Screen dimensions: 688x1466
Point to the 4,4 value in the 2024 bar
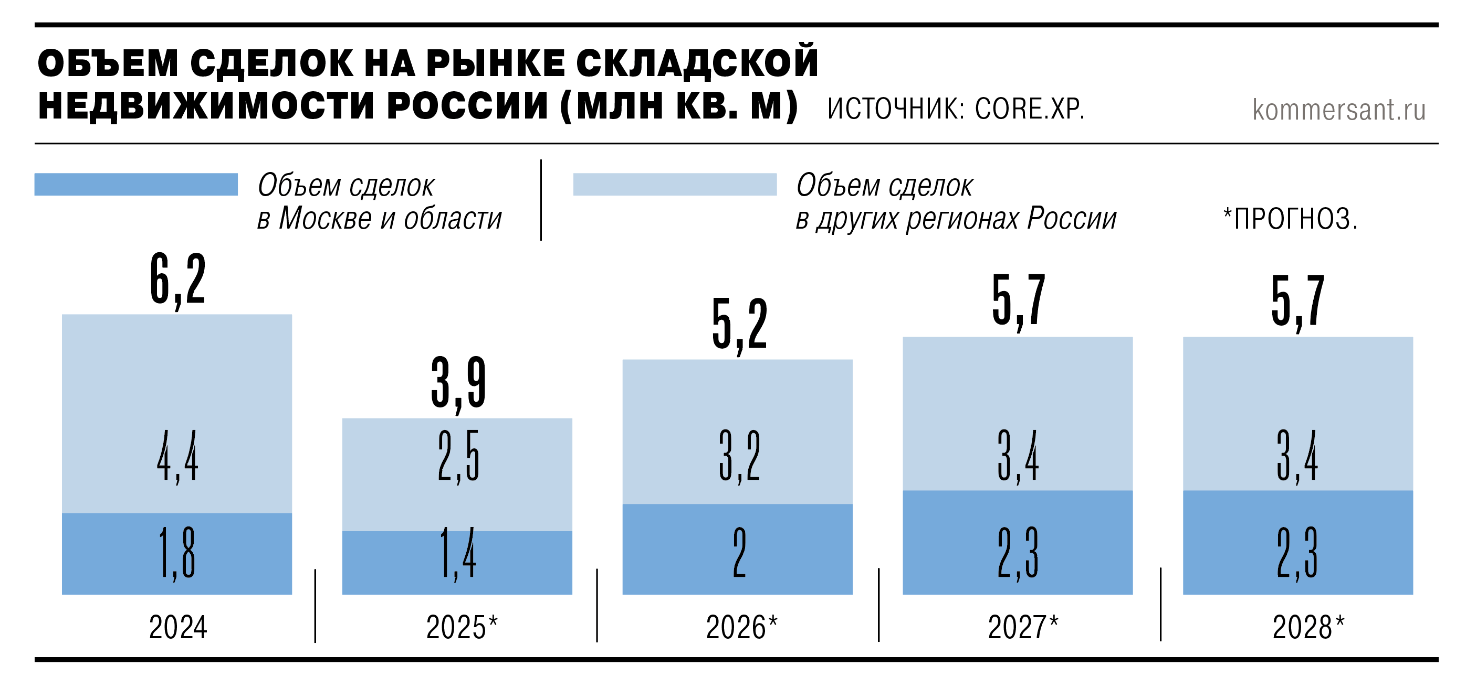coord(177,457)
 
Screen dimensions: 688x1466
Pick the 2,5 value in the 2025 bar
coord(458,457)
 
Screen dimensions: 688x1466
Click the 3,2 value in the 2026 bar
coord(739,457)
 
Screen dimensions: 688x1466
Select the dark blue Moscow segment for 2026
coord(797,549)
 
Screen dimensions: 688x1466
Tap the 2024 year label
coord(178,627)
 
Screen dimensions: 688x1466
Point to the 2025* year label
coord(462,627)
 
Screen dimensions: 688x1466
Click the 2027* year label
coord(1023,627)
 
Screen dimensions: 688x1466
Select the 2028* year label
coord(1308,627)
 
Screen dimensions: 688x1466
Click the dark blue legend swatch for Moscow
coord(136,184)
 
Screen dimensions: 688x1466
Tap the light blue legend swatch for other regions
coord(674,184)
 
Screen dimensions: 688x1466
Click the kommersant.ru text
coord(1338,110)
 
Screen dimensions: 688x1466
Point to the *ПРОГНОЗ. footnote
coord(1290,219)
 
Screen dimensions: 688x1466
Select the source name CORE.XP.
coord(1030,109)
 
